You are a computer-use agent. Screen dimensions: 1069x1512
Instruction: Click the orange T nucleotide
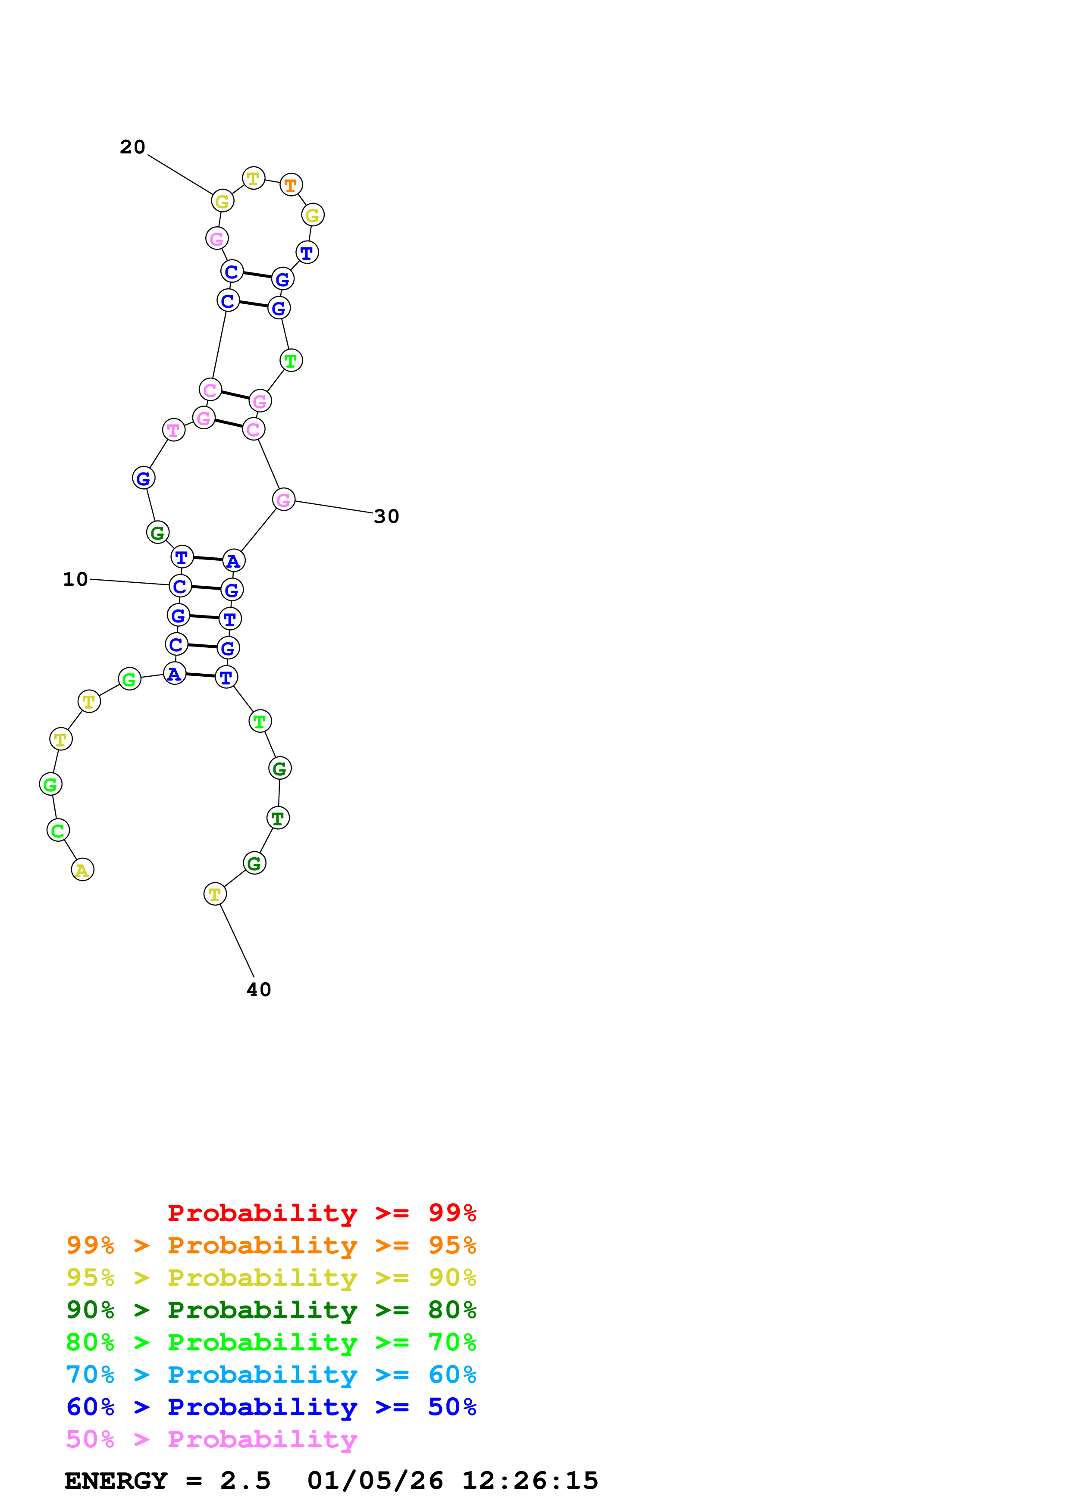point(291,185)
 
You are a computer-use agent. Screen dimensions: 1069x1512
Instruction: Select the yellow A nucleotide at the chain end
point(82,870)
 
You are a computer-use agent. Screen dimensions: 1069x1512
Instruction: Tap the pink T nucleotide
point(173,430)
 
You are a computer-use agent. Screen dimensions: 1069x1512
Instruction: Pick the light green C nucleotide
point(58,831)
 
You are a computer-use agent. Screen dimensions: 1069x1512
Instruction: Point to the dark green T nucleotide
point(278,818)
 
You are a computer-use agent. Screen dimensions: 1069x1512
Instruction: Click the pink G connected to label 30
point(283,500)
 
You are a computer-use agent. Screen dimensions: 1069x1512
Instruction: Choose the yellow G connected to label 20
point(222,202)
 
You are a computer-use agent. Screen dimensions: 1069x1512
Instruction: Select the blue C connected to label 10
point(180,586)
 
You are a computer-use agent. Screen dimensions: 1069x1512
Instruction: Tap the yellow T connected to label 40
point(215,894)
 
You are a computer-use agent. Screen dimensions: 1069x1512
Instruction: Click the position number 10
point(75,580)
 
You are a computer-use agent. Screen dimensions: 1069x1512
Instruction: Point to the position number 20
point(132,147)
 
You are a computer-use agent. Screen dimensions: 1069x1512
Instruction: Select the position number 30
point(387,516)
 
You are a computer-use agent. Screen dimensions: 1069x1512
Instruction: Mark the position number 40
point(259,990)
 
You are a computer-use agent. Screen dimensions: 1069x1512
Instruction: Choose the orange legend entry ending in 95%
point(271,1245)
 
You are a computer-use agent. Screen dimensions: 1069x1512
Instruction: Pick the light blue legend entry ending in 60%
point(271,1375)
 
